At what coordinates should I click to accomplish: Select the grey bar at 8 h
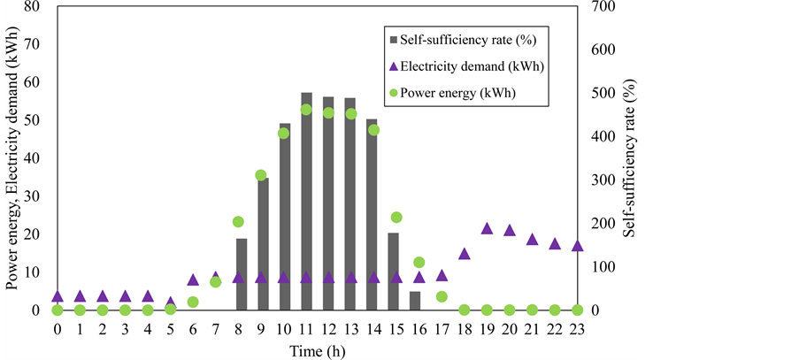point(242,274)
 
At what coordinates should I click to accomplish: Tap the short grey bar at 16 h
point(415,301)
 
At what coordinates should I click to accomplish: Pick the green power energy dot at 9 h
point(261,175)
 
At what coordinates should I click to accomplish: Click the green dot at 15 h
point(396,217)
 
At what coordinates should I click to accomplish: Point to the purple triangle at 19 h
point(487,229)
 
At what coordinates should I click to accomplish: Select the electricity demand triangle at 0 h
point(58,296)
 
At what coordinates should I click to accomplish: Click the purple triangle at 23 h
point(577,246)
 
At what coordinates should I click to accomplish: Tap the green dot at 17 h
point(442,296)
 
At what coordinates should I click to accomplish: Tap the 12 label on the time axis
point(328,329)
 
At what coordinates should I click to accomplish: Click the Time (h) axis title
point(317,349)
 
